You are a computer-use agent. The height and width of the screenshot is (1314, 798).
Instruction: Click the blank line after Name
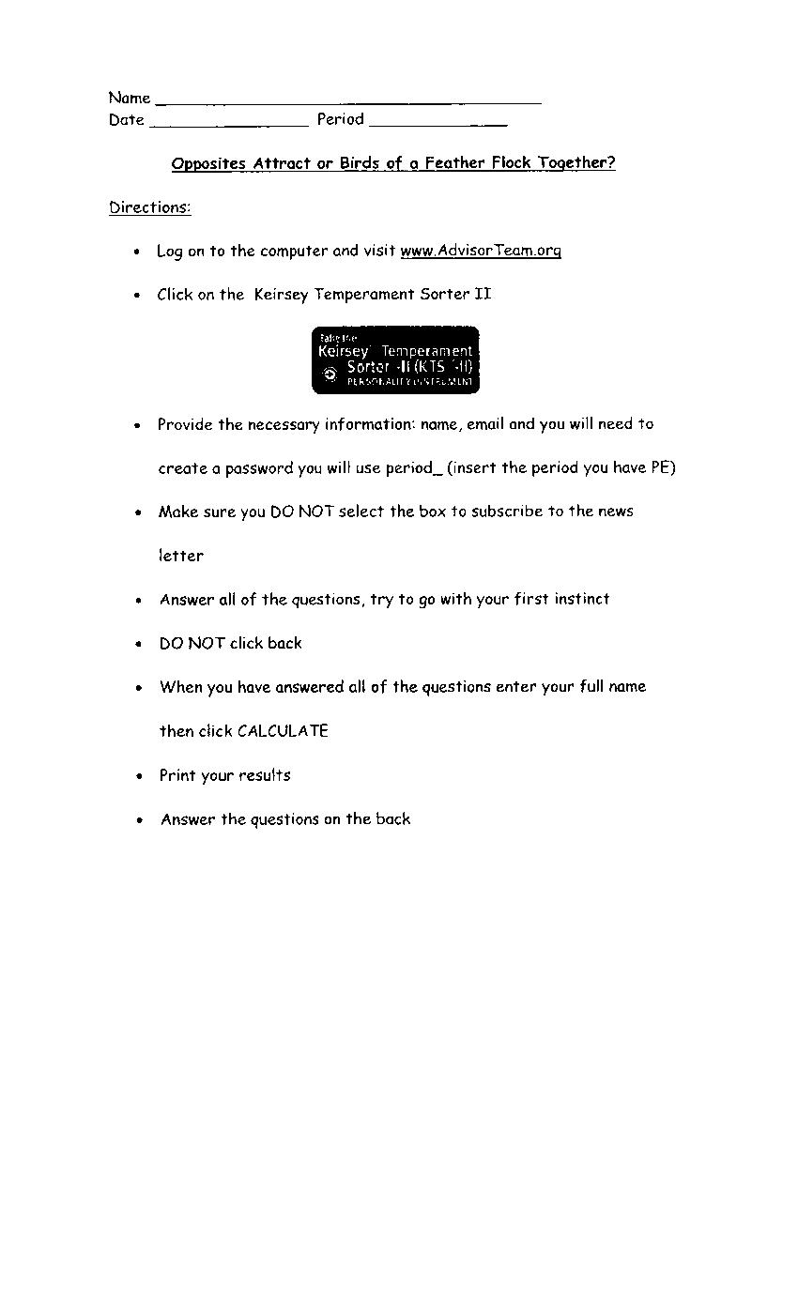point(348,101)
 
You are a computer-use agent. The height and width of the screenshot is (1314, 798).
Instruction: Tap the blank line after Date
point(229,124)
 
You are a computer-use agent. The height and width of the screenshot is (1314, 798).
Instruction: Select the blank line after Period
point(438,124)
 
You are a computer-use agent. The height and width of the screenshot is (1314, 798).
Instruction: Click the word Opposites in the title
point(208,163)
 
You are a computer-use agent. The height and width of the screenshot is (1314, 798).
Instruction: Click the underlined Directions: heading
point(150,207)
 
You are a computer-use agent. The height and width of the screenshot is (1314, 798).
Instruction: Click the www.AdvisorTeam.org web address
point(481,251)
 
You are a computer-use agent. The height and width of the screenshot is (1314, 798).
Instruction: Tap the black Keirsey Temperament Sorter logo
point(395,360)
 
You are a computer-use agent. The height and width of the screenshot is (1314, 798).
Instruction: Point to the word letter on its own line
point(180,556)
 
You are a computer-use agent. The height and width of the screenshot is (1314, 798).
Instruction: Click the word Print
point(177,775)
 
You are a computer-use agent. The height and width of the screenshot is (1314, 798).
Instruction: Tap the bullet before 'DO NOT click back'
point(139,645)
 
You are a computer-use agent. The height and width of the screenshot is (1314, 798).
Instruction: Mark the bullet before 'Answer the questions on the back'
point(139,820)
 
